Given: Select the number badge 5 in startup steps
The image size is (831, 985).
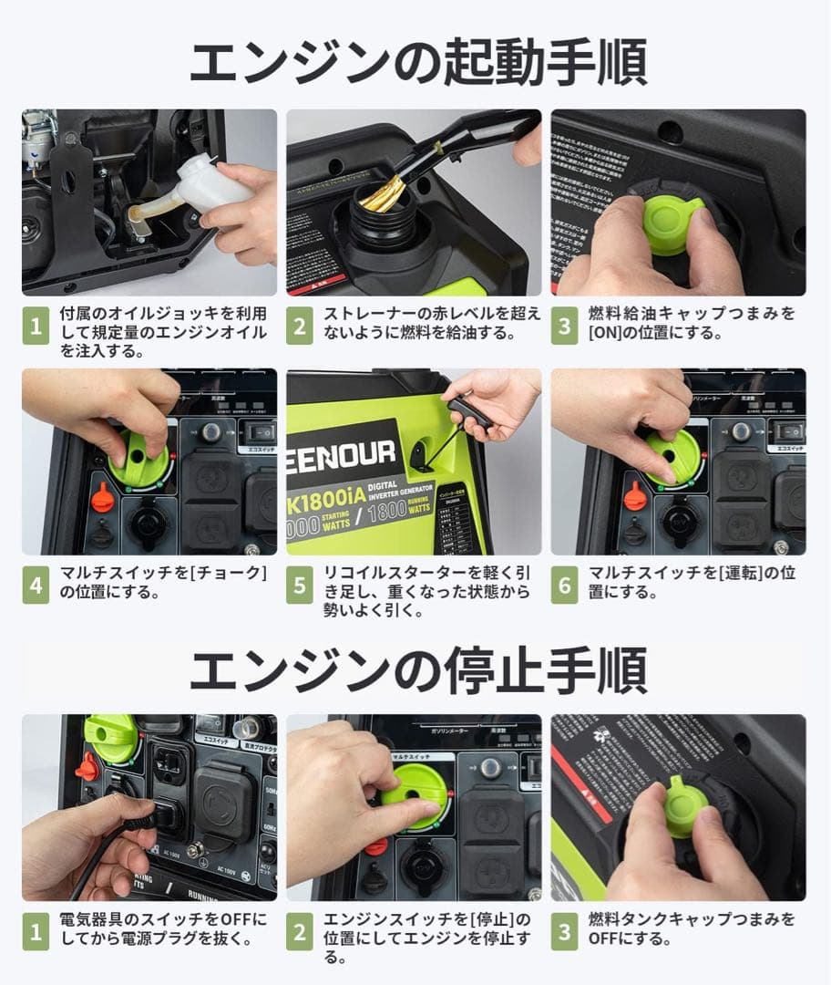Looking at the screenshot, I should tap(299, 586).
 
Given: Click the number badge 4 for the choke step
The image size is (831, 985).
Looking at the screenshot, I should tap(35, 586).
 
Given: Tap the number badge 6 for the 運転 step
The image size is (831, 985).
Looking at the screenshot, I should tap(563, 586).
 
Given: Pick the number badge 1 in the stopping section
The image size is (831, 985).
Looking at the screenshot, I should tap(35, 931).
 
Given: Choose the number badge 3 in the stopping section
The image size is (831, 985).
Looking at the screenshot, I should tap(563, 931).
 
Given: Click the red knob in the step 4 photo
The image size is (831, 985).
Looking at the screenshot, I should tap(103, 498).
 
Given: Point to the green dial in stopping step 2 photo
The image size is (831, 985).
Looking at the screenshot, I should tap(415, 789).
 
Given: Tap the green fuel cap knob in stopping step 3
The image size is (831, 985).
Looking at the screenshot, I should tap(685, 807).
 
